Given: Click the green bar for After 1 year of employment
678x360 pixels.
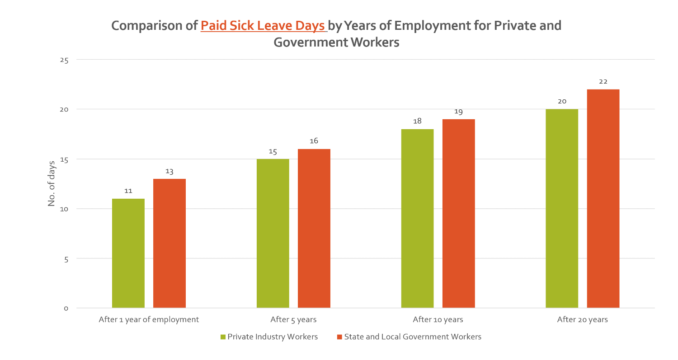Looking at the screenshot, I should point(128,253).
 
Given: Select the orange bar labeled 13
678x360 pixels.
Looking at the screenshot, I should point(169,243).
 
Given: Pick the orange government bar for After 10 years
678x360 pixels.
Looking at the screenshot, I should point(458,214).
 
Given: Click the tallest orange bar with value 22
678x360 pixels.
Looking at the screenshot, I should point(603,199).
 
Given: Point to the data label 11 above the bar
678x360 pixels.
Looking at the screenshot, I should point(128,191).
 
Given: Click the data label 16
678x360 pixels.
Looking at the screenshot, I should point(314,141).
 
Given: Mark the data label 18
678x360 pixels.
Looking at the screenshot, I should point(417,122).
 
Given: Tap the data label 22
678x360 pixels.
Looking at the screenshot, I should point(603,82).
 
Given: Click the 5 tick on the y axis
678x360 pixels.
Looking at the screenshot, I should point(66,259).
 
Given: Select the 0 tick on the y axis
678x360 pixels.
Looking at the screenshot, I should point(66,309).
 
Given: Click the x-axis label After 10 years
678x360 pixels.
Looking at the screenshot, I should point(438,320).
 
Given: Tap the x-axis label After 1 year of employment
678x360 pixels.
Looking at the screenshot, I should point(149,320).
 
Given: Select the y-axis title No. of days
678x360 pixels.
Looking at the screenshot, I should point(52,183).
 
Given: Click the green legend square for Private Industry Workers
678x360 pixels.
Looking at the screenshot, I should point(223,337).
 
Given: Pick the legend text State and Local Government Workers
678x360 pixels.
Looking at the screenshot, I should point(412,337).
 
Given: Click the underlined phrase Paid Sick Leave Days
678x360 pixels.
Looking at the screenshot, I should point(263,26).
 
